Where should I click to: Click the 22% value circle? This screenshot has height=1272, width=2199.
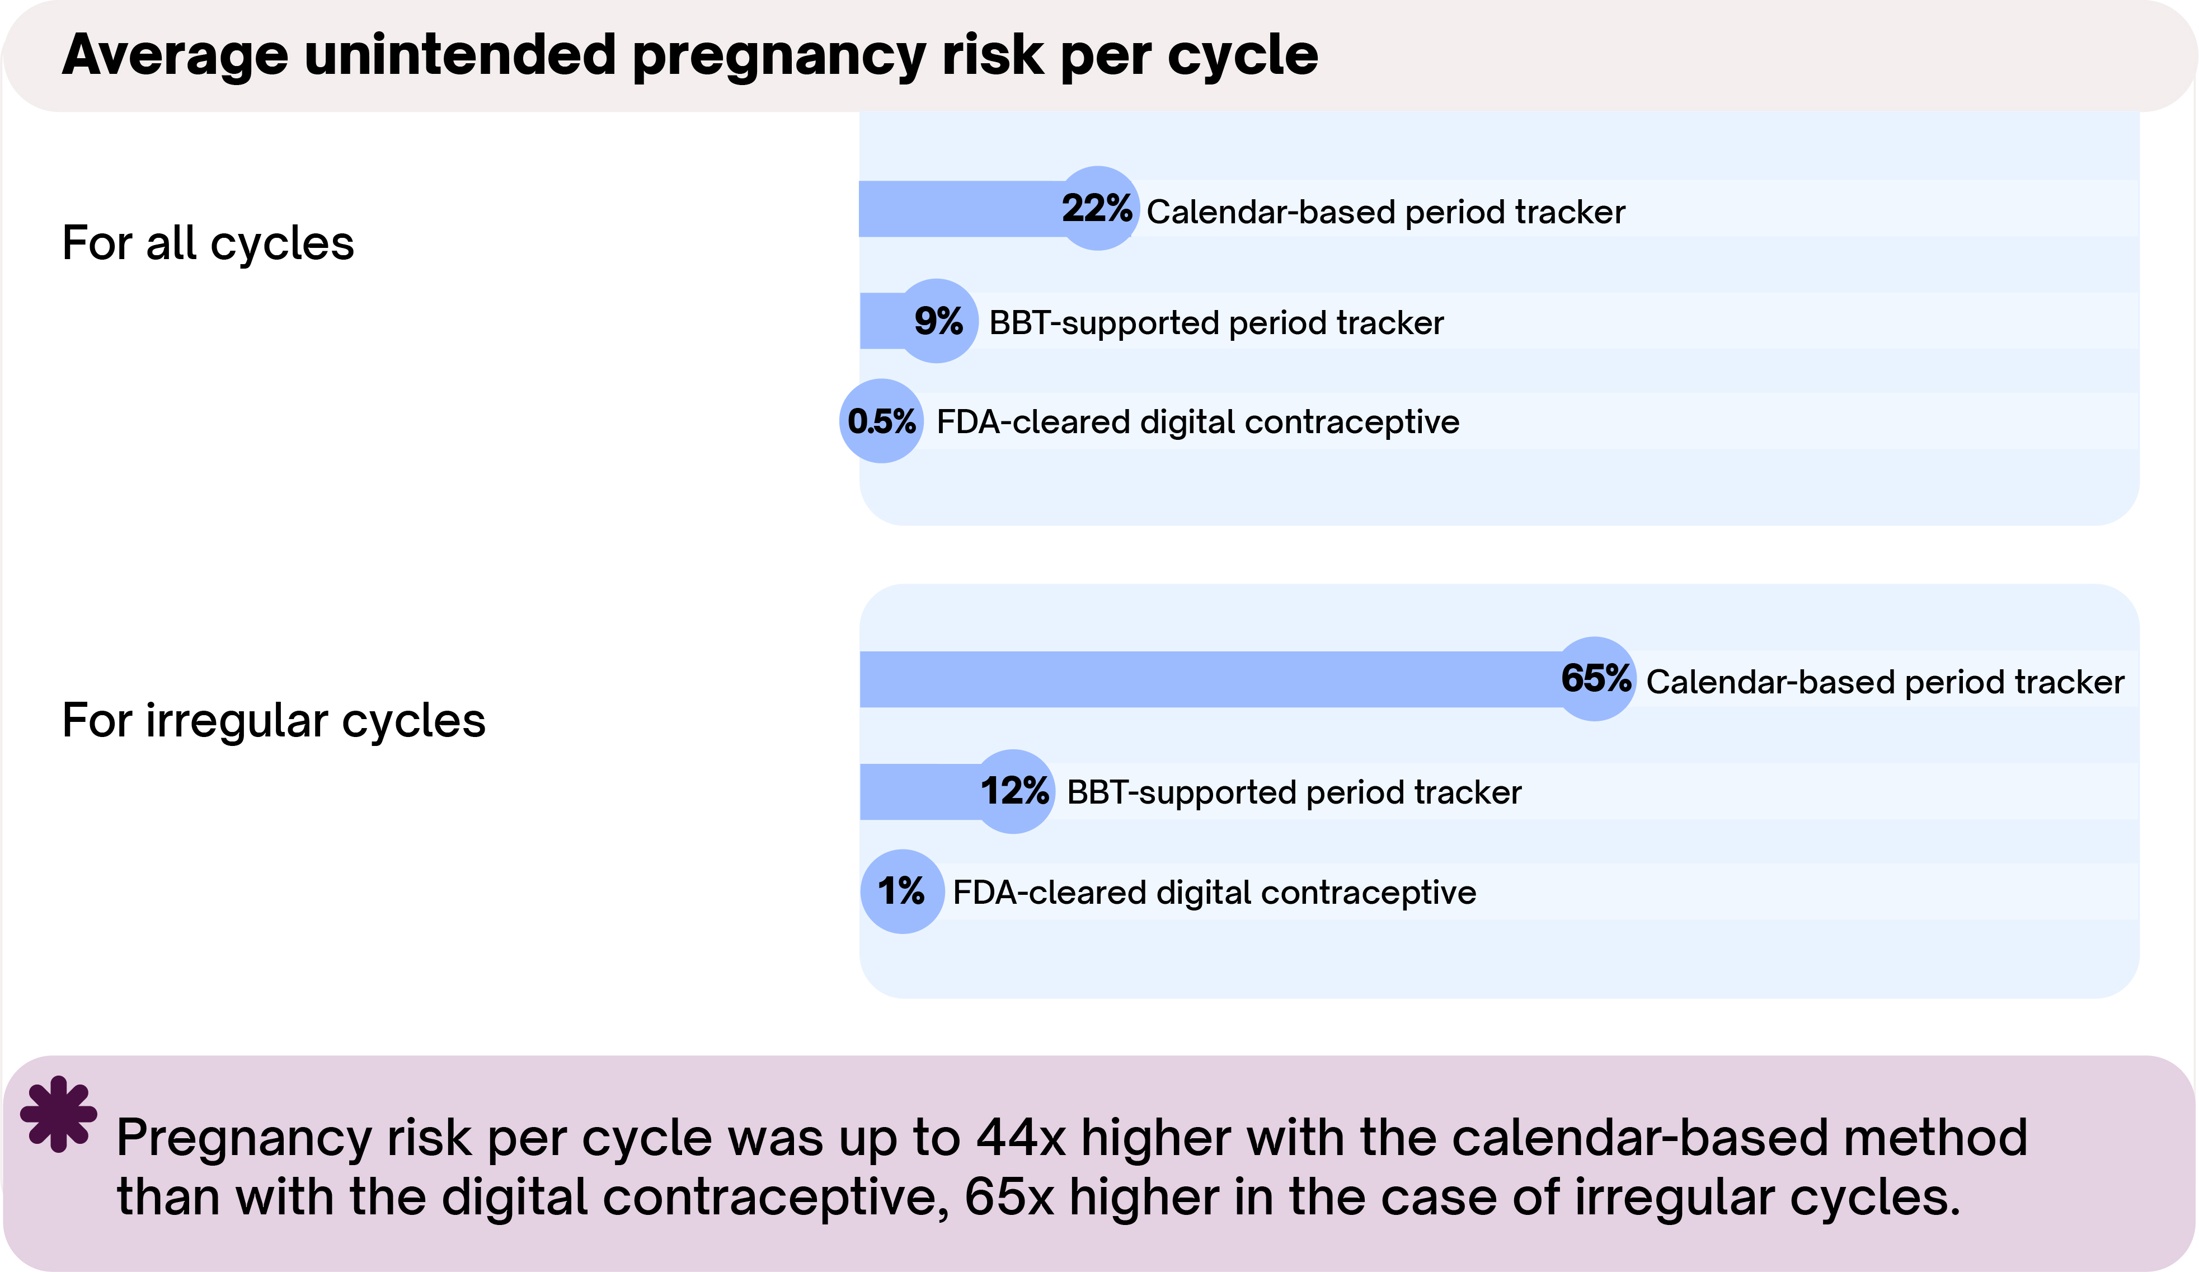click(x=1098, y=209)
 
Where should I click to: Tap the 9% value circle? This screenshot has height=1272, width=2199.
click(x=938, y=321)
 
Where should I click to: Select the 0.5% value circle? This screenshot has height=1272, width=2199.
click(x=881, y=421)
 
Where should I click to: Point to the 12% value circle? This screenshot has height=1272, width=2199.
click(x=1013, y=791)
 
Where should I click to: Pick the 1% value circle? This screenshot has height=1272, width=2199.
click(x=901, y=891)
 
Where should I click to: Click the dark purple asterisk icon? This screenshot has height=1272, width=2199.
click(x=58, y=1114)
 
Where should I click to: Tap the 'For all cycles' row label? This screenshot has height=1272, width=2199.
click(x=208, y=243)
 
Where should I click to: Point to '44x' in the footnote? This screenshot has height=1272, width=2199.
click(x=1021, y=1138)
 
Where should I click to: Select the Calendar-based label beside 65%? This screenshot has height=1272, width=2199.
click(x=1885, y=682)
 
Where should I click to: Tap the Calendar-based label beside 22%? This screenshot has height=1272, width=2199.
click(x=1386, y=212)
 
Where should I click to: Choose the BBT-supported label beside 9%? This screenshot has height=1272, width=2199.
click(x=1216, y=323)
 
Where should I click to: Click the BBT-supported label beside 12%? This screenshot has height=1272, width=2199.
click(x=1294, y=793)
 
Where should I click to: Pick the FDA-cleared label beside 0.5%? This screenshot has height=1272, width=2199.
click(x=1197, y=423)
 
